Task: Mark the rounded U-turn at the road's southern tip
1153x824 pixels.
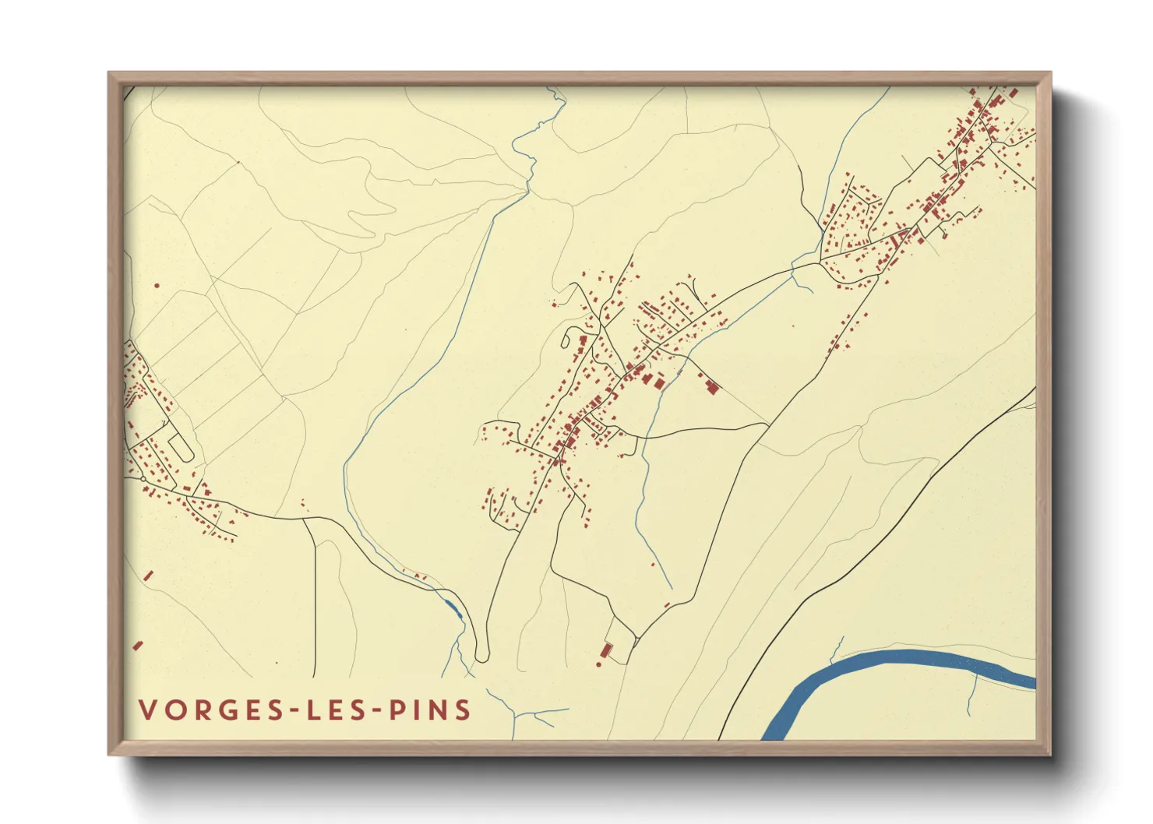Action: (x=481, y=659)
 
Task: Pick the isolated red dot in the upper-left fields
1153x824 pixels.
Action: (x=157, y=286)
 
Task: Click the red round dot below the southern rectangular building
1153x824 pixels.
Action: (x=599, y=664)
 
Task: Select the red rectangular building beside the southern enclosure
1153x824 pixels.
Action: (x=606, y=650)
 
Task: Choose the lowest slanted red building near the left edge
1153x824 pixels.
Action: (x=138, y=646)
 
